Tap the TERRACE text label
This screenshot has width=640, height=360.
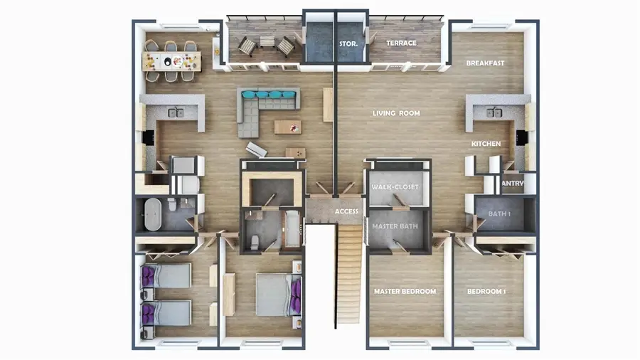click(401, 43)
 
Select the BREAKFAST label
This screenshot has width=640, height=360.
click(485, 63)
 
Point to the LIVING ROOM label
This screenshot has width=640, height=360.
click(396, 113)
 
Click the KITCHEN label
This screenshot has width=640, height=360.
click(486, 144)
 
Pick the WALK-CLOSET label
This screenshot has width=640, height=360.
click(395, 187)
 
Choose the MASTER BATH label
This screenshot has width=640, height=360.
click(396, 226)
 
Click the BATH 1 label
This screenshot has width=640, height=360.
click(501, 213)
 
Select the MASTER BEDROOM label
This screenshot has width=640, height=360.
click(405, 292)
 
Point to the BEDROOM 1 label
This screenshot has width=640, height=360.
click(486, 292)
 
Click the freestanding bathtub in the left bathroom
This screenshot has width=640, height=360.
click(154, 214)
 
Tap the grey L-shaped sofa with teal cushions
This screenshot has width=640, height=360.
click(263, 107)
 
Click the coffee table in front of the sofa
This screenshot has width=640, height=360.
click(287, 127)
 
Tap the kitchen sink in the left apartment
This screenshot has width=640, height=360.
click(175, 112)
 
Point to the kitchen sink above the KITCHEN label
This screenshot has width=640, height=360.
click(494, 112)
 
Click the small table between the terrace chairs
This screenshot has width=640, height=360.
click(265, 41)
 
